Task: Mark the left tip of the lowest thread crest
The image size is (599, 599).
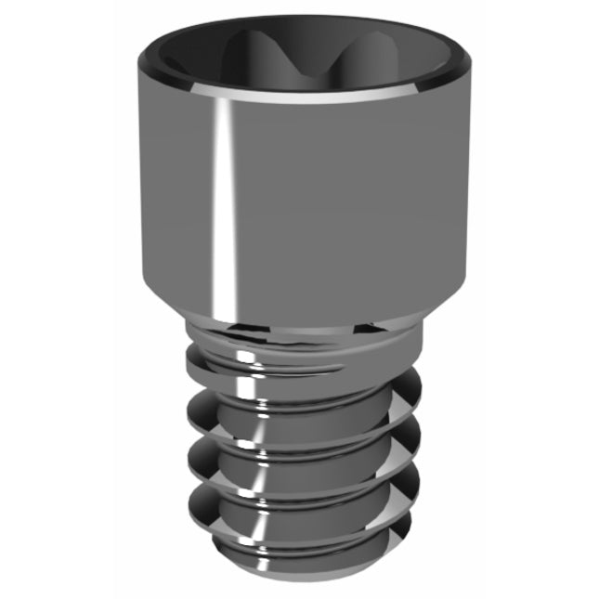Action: [x=187, y=502]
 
